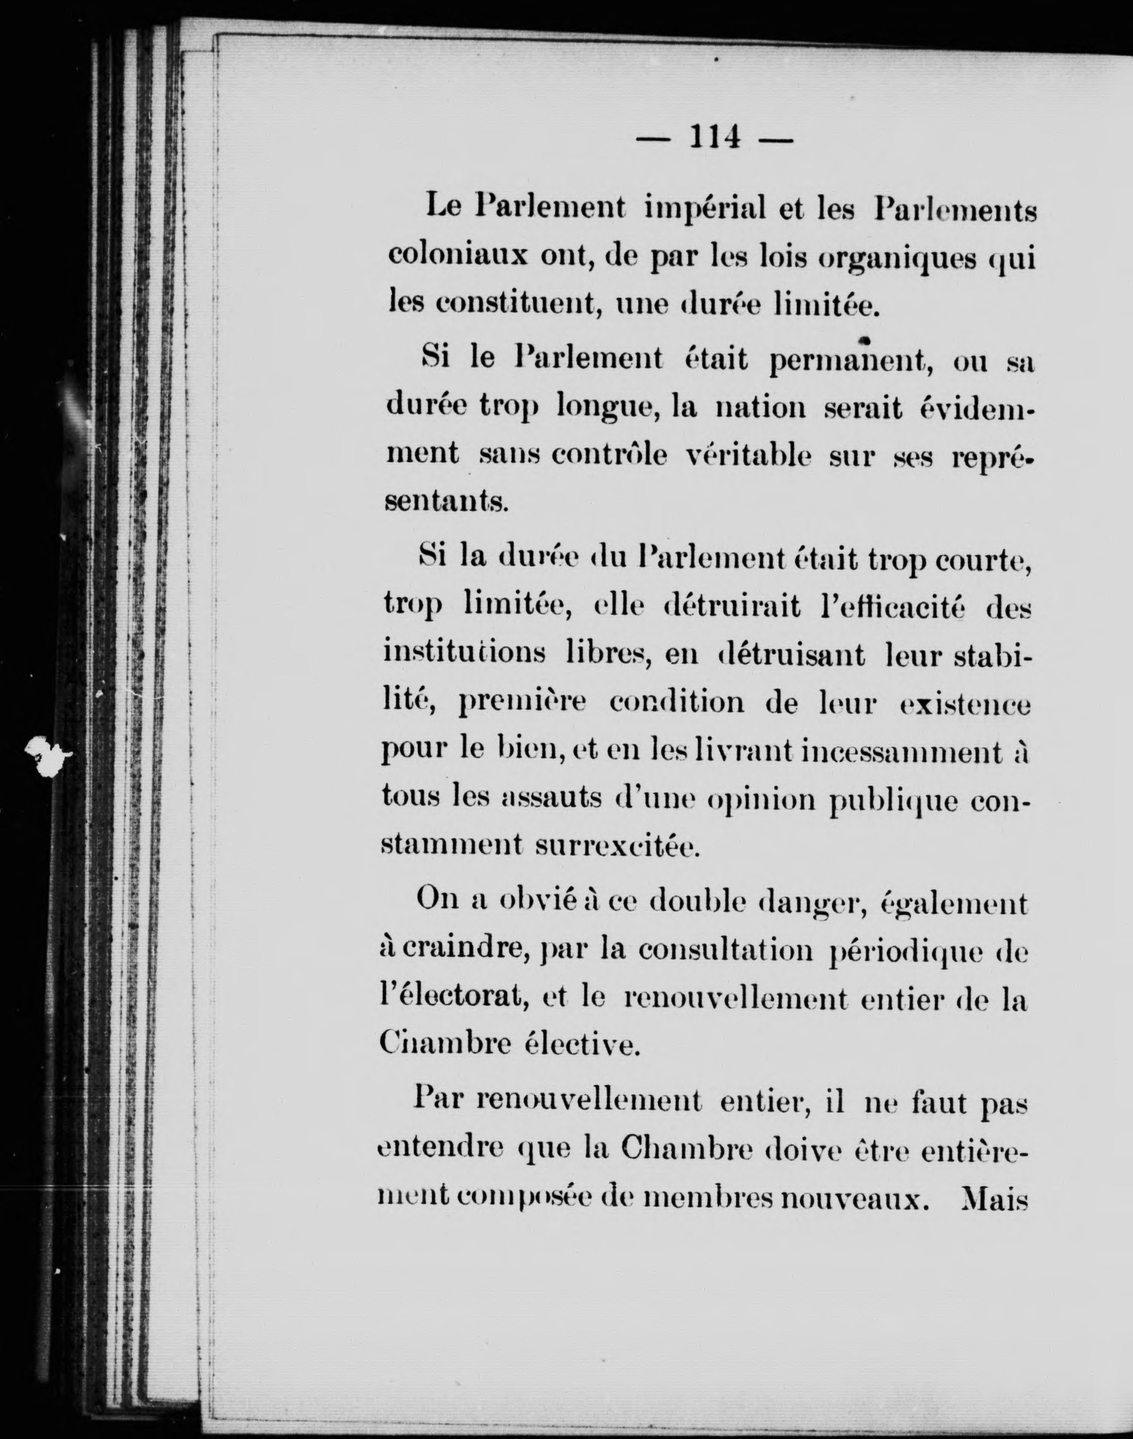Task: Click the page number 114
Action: [714, 138]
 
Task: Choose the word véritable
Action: [748, 455]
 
